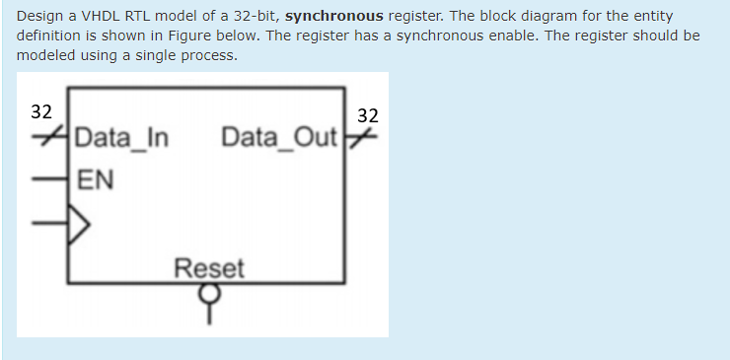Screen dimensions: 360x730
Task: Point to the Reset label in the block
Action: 208,267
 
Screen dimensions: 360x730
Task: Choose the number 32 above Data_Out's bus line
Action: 368,115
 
